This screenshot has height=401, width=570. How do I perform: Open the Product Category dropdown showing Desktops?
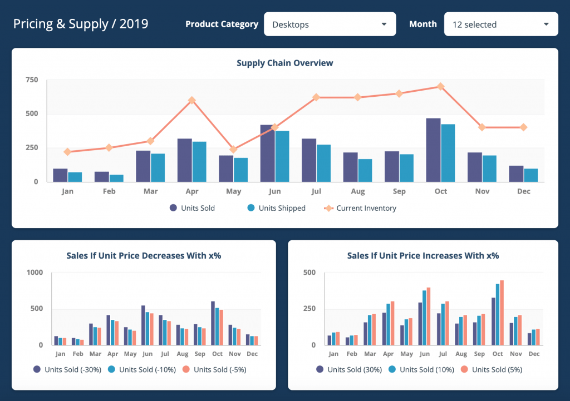[x=330, y=24]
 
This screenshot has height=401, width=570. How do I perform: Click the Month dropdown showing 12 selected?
[x=500, y=24]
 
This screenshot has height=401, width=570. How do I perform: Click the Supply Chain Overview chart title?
[x=284, y=63]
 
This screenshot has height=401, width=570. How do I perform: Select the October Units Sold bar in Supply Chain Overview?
[x=434, y=150]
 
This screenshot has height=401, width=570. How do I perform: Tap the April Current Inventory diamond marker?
[x=191, y=100]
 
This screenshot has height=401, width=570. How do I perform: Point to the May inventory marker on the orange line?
[x=233, y=149]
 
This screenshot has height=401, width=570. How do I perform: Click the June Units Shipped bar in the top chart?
[x=282, y=156]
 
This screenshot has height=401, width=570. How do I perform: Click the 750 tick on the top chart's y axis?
[x=32, y=80]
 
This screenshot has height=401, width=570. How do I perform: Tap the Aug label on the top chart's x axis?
[x=358, y=191]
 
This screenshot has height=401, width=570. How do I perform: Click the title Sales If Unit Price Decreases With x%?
[x=144, y=256]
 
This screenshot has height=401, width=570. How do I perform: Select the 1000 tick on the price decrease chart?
[x=35, y=273]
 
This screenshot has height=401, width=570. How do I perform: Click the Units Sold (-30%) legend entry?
[x=67, y=369]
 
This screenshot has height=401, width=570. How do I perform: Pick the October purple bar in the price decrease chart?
[x=213, y=323]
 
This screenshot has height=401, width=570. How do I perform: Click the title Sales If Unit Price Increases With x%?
[x=422, y=256]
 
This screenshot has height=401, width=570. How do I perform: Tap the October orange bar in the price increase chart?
[x=502, y=313]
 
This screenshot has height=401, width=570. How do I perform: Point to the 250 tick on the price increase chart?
[x=309, y=309]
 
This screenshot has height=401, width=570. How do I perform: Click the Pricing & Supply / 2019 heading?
[x=81, y=24]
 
